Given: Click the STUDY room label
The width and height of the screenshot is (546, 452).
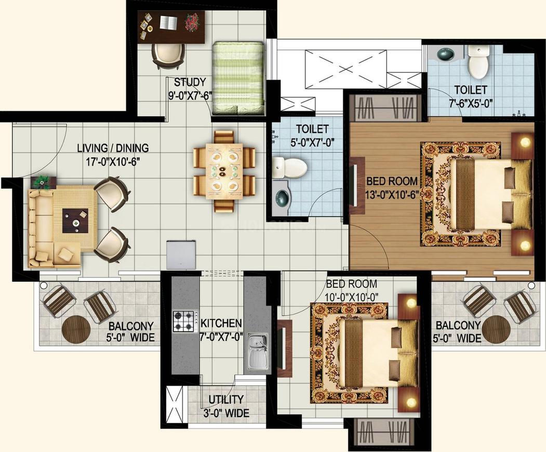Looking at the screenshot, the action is click(x=190, y=83).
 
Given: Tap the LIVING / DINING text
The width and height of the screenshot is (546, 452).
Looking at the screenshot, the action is click(x=113, y=148).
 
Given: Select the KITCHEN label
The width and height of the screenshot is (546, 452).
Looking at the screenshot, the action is click(x=221, y=323).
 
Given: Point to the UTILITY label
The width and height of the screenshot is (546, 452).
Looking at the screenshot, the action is click(x=226, y=399).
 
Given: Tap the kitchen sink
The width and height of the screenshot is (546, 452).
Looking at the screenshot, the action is click(x=258, y=351).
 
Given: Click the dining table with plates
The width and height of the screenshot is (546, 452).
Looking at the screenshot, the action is click(x=224, y=171).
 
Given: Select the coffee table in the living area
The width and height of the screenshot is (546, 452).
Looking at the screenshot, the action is click(x=75, y=221).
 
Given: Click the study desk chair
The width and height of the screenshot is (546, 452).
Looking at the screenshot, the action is click(x=168, y=56).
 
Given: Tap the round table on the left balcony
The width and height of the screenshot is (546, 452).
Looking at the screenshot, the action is click(x=76, y=329).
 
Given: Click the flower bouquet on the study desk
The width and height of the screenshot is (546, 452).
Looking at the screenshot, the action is click(x=191, y=24).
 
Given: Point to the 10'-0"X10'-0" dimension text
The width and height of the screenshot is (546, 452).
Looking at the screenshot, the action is click(x=352, y=297).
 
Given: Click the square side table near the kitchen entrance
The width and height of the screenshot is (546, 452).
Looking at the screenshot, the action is click(x=181, y=255).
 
